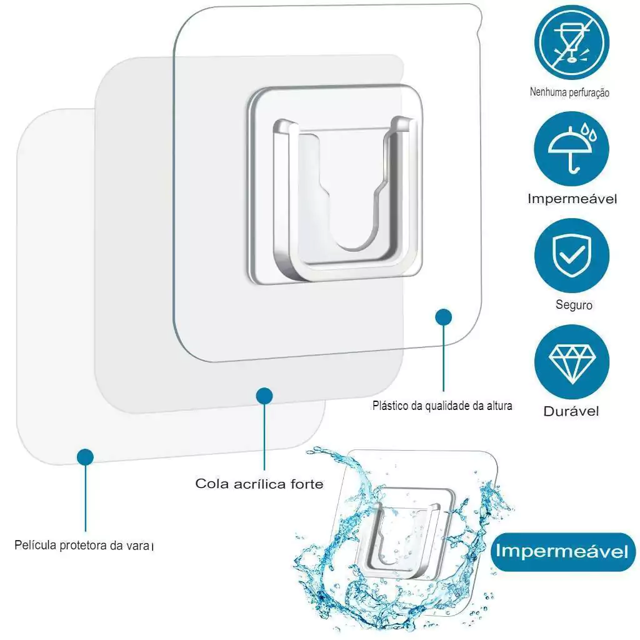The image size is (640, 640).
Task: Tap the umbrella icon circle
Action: coord(571,149)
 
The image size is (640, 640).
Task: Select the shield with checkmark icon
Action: coord(571,256)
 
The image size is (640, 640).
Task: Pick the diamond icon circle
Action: coord(571,362)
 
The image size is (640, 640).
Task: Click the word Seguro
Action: coord(574,305)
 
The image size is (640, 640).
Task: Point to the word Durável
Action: coord(571,411)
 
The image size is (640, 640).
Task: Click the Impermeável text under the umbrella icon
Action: coord(572,199)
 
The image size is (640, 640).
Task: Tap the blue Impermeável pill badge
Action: coord(563,551)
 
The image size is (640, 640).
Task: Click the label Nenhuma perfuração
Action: coord(569,92)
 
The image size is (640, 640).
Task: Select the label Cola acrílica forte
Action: coord(259,484)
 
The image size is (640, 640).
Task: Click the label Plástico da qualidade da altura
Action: coord(442,406)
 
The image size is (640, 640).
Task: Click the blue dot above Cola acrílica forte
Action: coord(264,396)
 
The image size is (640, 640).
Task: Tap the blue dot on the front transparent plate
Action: coord(443,317)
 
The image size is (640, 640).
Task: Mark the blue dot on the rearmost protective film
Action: coord(85,457)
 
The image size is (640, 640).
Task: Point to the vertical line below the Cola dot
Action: coord(264,437)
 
